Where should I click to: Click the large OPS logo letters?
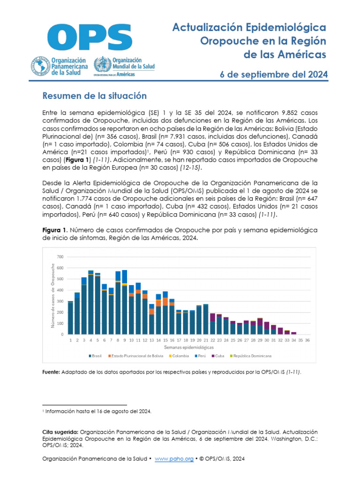[x=89, y=37]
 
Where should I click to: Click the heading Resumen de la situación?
[x=95, y=96]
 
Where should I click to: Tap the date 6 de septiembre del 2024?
[x=274, y=75]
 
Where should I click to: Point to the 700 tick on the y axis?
[x=60, y=257]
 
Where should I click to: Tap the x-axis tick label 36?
[x=307, y=340]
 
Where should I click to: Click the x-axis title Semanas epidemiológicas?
[x=188, y=347]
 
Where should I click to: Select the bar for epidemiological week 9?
[x=124, y=302]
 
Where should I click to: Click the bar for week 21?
[x=205, y=319]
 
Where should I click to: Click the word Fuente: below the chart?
[x=51, y=372]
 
